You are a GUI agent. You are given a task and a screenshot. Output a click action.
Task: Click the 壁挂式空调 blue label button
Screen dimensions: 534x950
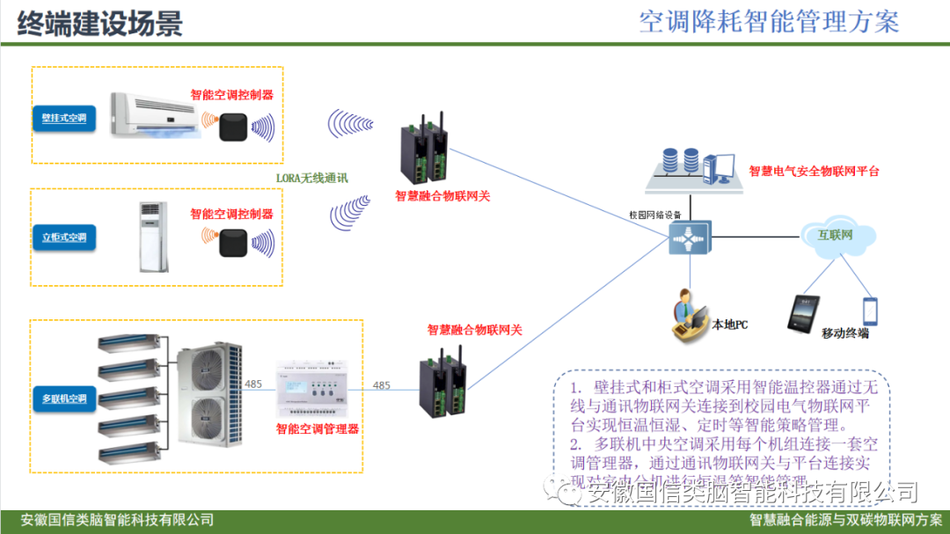[64, 117]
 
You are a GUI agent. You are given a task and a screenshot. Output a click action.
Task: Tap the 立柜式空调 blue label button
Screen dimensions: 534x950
[64, 238]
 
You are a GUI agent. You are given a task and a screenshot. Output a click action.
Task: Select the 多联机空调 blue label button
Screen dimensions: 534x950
[64, 399]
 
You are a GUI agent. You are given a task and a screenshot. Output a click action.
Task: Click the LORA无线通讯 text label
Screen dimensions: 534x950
[311, 178]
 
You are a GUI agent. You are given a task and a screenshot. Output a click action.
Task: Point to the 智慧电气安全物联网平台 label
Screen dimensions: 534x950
[814, 171]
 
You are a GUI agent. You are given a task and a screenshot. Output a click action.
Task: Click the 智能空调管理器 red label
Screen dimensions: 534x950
[317, 429]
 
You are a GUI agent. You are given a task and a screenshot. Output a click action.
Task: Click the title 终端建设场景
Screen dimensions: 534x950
[99, 23]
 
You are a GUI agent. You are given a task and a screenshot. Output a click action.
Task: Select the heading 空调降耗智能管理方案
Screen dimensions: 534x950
[770, 21]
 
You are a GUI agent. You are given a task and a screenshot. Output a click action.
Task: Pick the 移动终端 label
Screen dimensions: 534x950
[844, 333]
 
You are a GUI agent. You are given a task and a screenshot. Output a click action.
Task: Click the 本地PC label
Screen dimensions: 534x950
[729, 325]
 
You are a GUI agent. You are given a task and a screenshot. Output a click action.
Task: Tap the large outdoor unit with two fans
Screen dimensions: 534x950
[208, 395]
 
